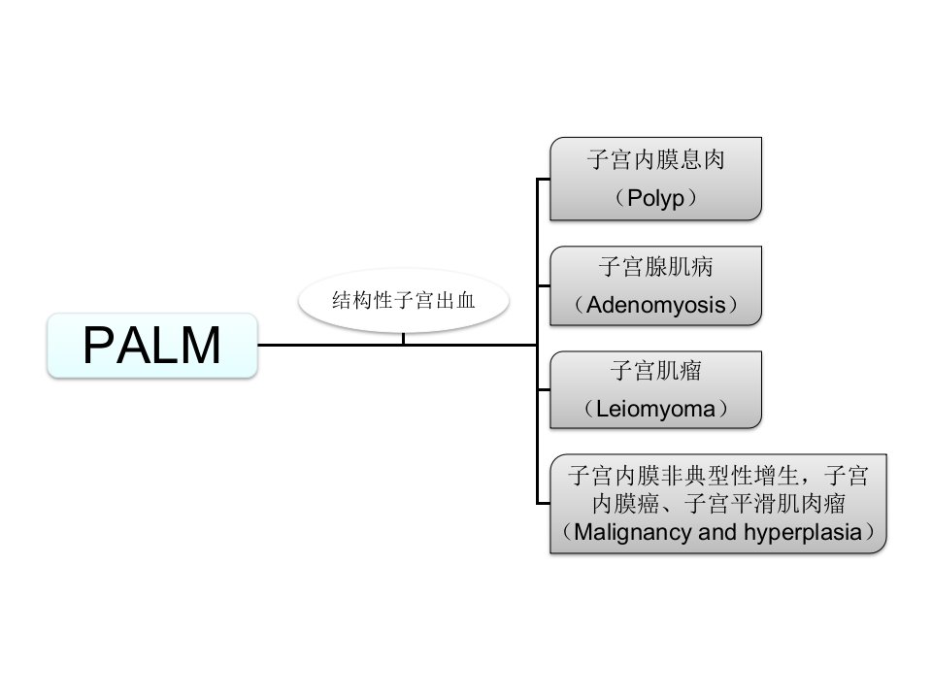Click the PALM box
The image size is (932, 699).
(152, 346)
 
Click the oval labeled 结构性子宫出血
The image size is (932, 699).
(404, 300)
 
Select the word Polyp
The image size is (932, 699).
(655, 198)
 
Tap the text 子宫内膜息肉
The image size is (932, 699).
(655, 160)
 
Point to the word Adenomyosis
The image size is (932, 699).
(655, 305)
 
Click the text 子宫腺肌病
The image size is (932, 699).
(655, 266)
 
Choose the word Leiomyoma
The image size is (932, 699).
(655, 409)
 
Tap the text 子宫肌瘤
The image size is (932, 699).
(655, 371)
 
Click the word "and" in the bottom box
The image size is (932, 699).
(717, 532)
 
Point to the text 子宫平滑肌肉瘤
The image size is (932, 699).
(765, 504)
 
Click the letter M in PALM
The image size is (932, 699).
(199, 346)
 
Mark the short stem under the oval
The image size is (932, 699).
(404, 338)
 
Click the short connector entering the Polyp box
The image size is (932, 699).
(544, 179)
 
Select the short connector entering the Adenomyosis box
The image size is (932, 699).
(544, 285)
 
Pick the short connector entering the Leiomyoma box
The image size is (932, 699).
(544, 390)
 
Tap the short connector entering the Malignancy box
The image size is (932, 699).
(544, 504)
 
